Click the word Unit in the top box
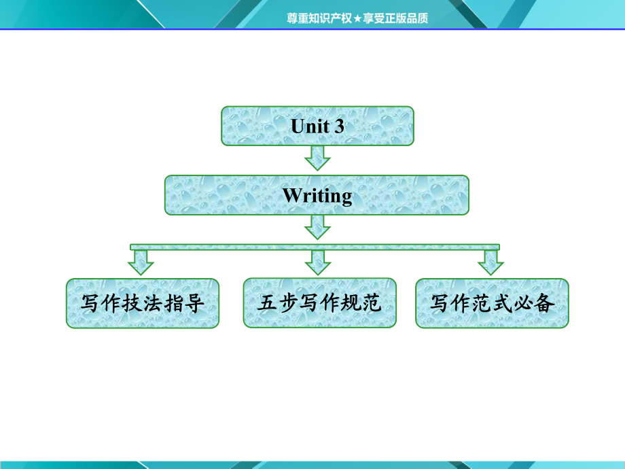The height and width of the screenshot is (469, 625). pos(310,126)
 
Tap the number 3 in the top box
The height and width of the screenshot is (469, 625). pos(339,126)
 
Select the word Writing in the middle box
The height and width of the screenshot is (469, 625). pos(317,196)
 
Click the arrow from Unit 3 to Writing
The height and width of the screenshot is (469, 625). pos(317,158)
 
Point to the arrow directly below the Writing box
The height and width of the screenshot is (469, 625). pos(317,227)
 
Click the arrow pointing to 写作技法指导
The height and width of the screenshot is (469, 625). pos(141,262)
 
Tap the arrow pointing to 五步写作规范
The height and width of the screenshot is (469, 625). pos(318,262)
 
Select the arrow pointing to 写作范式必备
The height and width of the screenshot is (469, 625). pos(490,262)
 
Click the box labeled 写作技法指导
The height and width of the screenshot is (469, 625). pos(143,304)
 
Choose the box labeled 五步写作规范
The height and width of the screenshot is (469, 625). pos(320,303)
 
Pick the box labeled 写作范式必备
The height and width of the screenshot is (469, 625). pos(493,304)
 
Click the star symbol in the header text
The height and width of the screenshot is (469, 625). pos(357,18)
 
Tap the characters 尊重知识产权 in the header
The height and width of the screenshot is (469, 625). pos(320,18)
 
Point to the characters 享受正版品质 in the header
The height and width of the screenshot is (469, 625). pos(395,18)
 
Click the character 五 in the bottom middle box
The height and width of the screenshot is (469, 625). pos(267,302)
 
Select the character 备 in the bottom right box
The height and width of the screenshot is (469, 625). pos(544,303)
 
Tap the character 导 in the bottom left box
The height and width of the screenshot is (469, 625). pos(194,303)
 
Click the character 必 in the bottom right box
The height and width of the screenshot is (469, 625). pos(523,303)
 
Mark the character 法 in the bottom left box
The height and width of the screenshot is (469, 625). pos(153,303)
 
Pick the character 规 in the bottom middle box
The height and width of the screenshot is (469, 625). pos(351,302)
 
